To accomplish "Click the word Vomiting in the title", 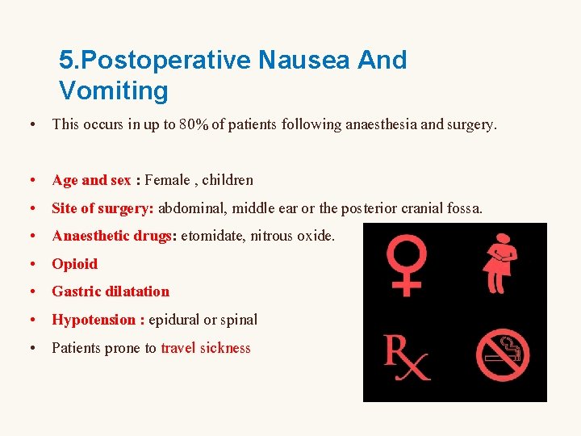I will pos(113,90).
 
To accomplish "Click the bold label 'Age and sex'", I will pos(91,180).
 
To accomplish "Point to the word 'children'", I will pos(228,180).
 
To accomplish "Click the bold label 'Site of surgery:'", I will pos(102,208).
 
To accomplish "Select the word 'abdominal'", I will pos(193,208).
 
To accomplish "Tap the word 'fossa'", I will pos(463,208).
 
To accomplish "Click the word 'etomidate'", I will pos(212,236).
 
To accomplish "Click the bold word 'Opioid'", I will pos(74,264).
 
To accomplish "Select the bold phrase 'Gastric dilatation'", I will pos(111,291).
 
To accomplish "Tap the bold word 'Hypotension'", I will pos(94,320).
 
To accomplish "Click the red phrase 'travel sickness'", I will pos(206,348).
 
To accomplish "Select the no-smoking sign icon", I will pos(502,355).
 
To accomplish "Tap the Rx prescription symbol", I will pos(406,357).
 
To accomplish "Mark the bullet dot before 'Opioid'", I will pos(30,264).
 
